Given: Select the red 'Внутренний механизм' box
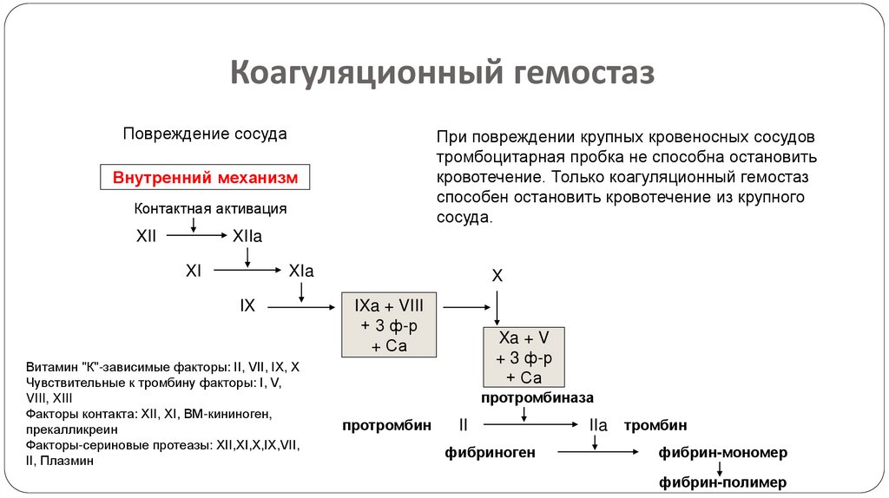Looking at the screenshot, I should pos(205,178).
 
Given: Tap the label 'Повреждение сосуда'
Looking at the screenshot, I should pos(205,134).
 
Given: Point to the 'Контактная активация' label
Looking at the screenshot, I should pos(210,209).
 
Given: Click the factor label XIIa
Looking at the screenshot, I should pos(247,235).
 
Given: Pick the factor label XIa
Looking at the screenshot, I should pos(300,271).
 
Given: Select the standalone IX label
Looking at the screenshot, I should pos(247,305).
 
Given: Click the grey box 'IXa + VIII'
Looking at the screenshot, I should pos(389,324).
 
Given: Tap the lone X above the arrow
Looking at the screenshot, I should pos(497,276).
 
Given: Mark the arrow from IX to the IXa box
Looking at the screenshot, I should pos(301,306).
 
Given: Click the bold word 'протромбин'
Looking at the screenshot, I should pos(386,425).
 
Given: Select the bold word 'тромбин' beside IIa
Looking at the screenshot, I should pos(655,425).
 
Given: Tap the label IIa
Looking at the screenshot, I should pos(597,426).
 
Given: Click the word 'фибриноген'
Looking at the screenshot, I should pos(491,452).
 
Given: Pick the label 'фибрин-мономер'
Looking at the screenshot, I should pos(722,453).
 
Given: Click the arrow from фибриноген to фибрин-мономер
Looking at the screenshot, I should pos(599,452).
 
